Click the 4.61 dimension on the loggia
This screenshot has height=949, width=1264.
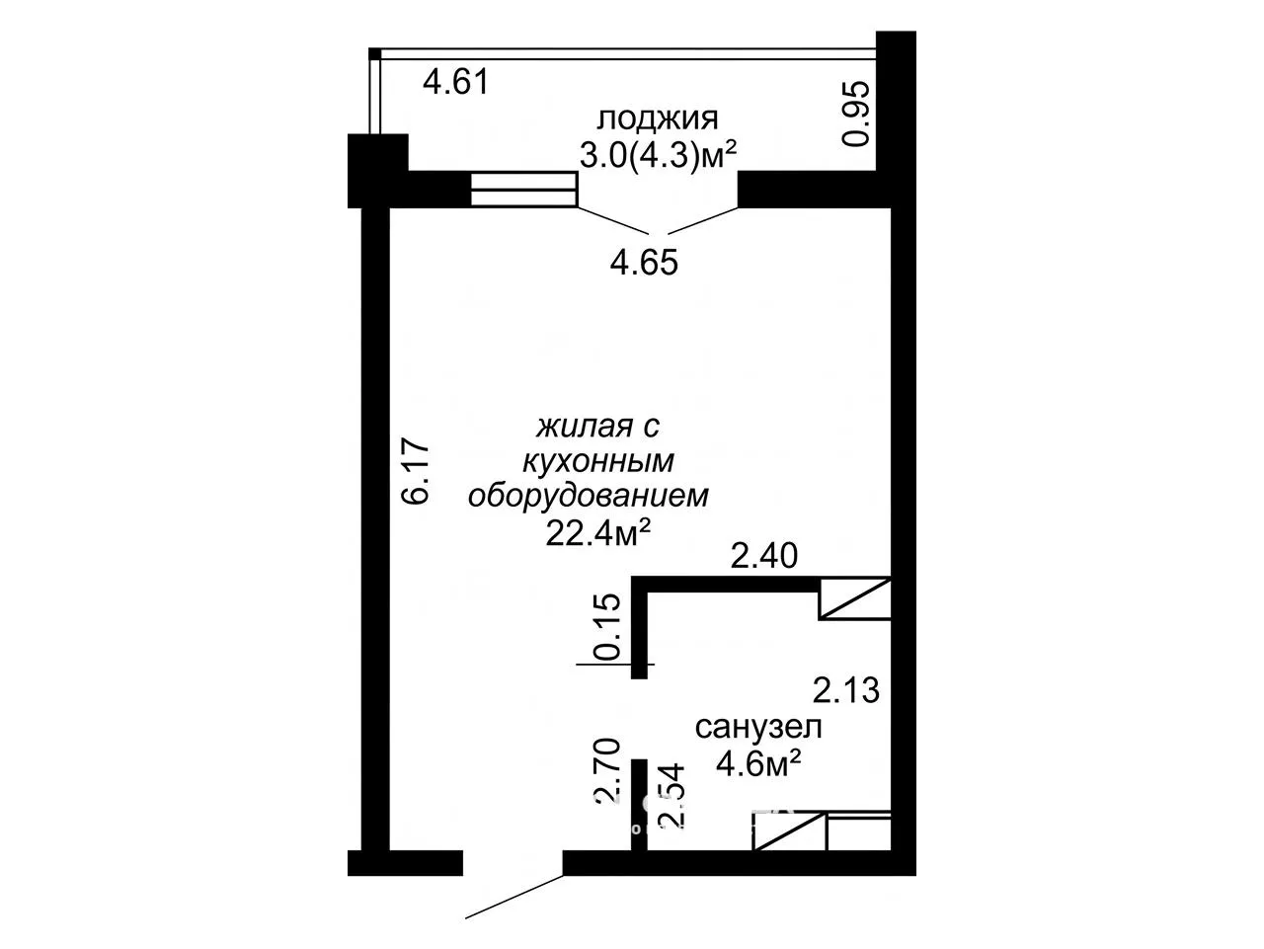click(x=455, y=82)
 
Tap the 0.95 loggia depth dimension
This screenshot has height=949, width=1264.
click(x=854, y=114)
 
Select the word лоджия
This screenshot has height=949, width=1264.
click(x=658, y=119)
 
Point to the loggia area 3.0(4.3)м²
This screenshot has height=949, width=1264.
click(x=658, y=154)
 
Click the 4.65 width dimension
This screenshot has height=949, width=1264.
click(x=644, y=263)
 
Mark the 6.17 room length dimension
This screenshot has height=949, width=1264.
click(x=416, y=473)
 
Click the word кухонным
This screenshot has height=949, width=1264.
click(x=597, y=461)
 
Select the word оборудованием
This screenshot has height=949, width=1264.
click(x=588, y=496)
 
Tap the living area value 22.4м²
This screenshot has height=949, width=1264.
click(x=597, y=533)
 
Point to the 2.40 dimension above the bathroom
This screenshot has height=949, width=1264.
click(x=763, y=556)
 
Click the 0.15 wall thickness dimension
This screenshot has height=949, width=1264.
click(x=607, y=626)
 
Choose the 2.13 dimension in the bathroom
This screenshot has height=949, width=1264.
click(x=846, y=690)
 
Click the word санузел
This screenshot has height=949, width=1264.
click(x=758, y=728)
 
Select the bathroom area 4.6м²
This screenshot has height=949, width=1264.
click(x=758, y=763)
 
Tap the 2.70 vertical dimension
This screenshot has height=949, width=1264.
click(x=606, y=771)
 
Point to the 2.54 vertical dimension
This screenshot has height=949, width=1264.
click(x=671, y=796)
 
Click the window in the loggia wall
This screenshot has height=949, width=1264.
click(x=523, y=189)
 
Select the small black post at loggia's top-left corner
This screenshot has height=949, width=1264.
click(x=374, y=53)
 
